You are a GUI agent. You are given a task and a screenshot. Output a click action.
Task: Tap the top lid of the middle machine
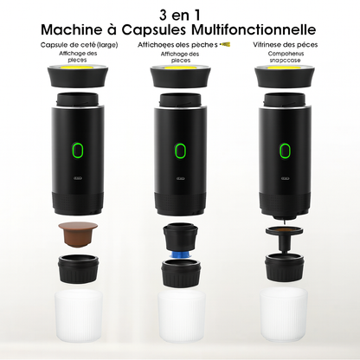(180, 76)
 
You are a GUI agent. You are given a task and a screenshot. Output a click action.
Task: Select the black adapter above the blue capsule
(180, 235)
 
